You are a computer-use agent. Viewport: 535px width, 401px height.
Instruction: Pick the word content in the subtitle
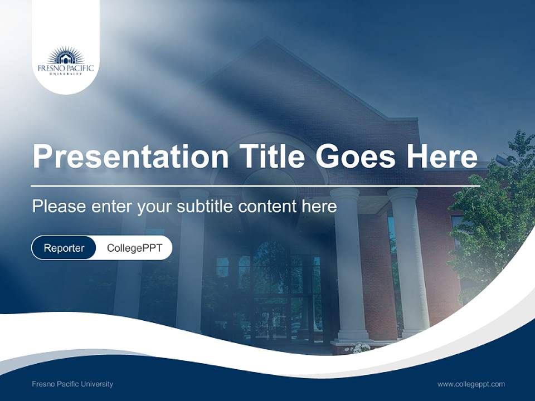[267, 207]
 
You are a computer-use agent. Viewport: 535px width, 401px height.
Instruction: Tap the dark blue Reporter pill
[64, 248]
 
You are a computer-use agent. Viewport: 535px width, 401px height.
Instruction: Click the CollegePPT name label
[134, 248]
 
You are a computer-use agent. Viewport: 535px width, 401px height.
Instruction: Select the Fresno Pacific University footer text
[72, 384]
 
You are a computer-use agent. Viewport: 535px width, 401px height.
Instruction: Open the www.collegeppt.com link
[471, 384]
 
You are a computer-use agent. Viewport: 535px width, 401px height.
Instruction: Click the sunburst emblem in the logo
[66, 56]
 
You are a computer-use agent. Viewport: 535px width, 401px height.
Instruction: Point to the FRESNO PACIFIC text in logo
[66, 69]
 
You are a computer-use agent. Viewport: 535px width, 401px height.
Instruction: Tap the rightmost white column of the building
[409, 262]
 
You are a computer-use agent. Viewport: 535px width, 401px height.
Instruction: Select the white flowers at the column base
[357, 348]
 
